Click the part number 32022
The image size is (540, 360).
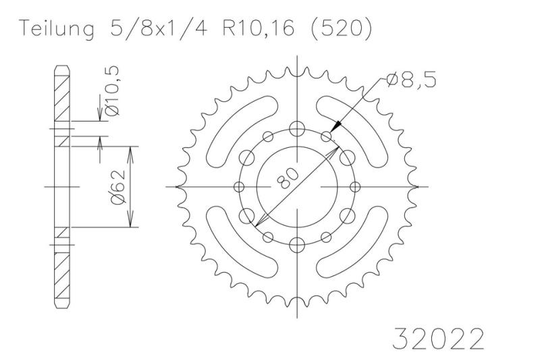[x=438, y=338]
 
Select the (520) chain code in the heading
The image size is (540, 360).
[x=342, y=28]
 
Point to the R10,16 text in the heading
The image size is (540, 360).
[x=259, y=28]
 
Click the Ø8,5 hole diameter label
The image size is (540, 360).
[x=411, y=80]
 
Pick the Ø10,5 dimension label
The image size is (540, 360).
[x=112, y=91]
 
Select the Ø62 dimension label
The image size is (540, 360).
[x=117, y=186]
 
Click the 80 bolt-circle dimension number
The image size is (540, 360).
[x=288, y=178]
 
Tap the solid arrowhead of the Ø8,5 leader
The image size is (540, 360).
[x=335, y=127]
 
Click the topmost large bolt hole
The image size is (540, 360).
[x=297, y=129]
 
